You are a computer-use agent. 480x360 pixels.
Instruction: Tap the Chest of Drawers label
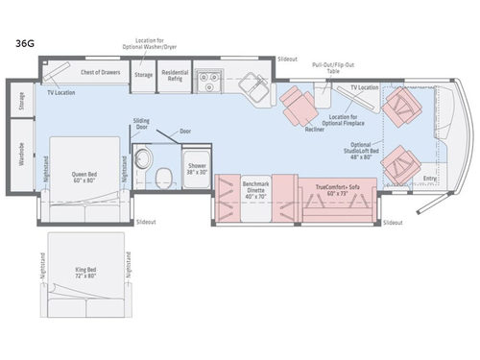click(x=99, y=72)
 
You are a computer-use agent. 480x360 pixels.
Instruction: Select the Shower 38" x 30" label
click(x=197, y=168)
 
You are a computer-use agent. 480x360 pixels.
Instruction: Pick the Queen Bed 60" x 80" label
click(x=85, y=177)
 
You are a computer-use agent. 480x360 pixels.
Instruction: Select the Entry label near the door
click(x=428, y=178)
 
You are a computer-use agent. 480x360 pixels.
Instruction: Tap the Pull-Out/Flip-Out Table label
click(x=332, y=67)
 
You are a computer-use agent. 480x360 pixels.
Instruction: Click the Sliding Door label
click(x=140, y=125)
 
